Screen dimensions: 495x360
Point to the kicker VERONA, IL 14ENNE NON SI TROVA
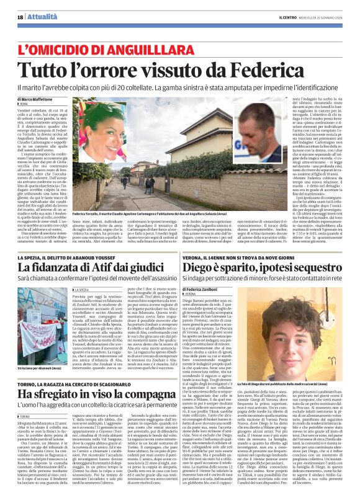[x=253, y=257]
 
